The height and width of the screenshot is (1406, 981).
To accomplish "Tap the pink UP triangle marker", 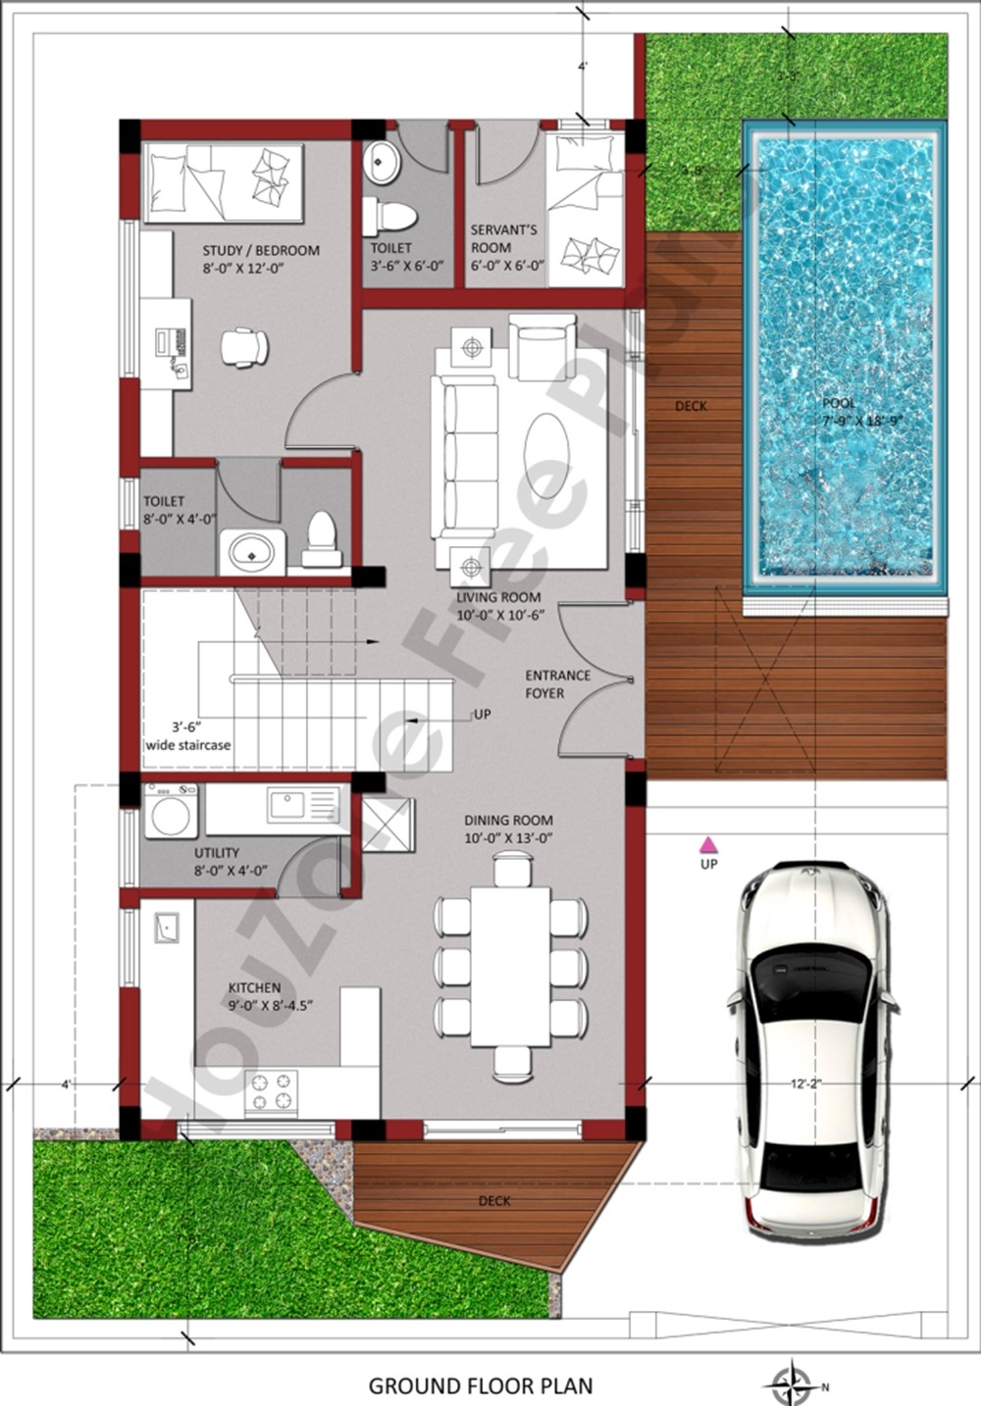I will (x=707, y=843).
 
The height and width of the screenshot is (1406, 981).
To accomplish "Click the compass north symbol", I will (x=789, y=1384).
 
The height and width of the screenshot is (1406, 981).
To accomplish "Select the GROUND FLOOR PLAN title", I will (x=481, y=1385).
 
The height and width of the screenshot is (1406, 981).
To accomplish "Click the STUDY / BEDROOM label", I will (x=260, y=258).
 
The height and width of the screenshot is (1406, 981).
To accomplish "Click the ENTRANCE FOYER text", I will (x=557, y=684).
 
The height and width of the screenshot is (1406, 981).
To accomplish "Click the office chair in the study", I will (x=243, y=347).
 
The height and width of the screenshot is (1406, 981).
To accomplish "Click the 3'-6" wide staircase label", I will (x=187, y=736).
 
